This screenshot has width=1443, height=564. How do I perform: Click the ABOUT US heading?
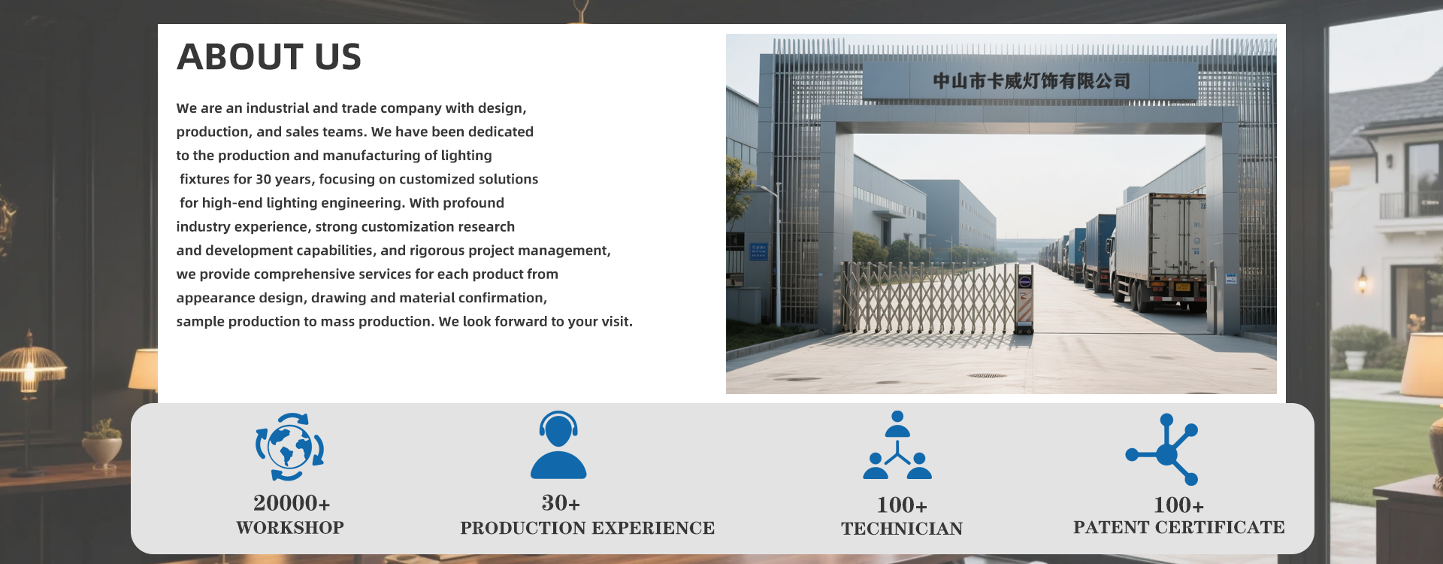(x=269, y=57)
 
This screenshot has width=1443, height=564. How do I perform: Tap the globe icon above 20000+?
(x=290, y=447)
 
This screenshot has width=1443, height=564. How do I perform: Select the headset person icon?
(x=558, y=445)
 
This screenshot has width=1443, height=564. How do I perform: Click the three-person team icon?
(x=897, y=445)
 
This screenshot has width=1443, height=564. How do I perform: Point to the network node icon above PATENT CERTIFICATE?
(x=1163, y=449)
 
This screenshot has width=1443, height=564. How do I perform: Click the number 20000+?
(x=292, y=502)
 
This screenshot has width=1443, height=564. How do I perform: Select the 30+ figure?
(x=561, y=502)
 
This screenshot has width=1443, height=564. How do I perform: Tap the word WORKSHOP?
(x=290, y=528)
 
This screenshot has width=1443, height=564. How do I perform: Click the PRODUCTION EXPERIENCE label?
(x=588, y=528)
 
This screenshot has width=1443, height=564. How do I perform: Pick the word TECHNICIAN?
(x=902, y=529)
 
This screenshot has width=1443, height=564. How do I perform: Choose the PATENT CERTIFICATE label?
(x=1179, y=527)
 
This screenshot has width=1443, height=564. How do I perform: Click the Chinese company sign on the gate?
(x=1031, y=81)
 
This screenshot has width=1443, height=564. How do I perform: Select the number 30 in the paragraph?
(x=263, y=179)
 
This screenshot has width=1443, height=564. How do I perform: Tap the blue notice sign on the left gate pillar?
(x=758, y=251)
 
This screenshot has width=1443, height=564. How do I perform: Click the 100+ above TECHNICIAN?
(x=902, y=505)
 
